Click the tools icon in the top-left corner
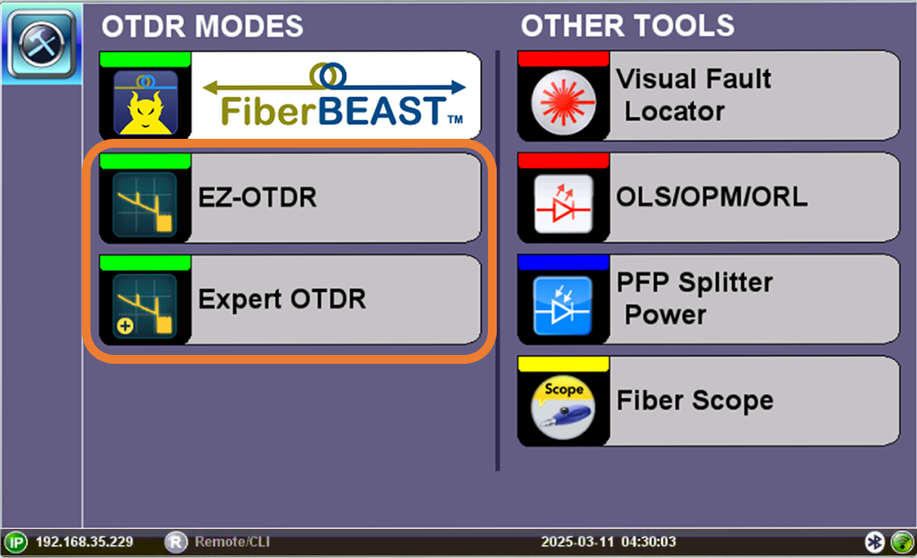[41, 44]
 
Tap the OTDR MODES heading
[202, 26]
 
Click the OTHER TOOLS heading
[628, 26]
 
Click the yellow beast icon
[146, 103]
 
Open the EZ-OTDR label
[258, 198]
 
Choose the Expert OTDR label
[282, 299]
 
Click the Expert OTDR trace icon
[145, 306]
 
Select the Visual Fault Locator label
[694, 95]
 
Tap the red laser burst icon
[564, 102]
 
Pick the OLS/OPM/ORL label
[712, 197]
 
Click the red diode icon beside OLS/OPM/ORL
[564, 204]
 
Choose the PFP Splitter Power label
[695, 299]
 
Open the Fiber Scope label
[695, 401]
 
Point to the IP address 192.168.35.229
[84, 542]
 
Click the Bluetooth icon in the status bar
[874, 542]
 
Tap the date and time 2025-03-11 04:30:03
[608, 542]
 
